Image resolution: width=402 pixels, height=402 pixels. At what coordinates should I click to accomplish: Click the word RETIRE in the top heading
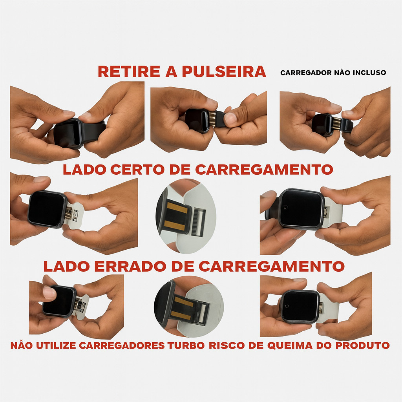pyautogui.click(x=129, y=71)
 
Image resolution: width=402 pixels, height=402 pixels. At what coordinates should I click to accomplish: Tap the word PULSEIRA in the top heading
pyautogui.click(x=224, y=71)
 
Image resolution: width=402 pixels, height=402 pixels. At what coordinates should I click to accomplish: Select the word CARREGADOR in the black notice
pyautogui.click(x=306, y=73)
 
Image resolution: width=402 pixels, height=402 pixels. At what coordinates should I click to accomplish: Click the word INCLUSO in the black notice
pyautogui.click(x=369, y=73)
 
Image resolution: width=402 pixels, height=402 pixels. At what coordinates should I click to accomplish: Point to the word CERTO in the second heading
pyautogui.click(x=137, y=170)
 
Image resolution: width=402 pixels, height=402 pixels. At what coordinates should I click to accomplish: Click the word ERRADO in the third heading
pyautogui.click(x=130, y=267)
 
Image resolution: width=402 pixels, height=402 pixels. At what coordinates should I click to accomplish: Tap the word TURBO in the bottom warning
pyautogui.click(x=186, y=345)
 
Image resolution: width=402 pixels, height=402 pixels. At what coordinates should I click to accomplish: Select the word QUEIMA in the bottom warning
pyautogui.click(x=290, y=345)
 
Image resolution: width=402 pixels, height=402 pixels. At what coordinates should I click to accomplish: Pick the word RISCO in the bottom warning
pyautogui.click(x=227, y=345)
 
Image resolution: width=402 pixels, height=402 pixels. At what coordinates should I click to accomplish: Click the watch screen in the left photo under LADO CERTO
pyautogui.click(x=46, y=209)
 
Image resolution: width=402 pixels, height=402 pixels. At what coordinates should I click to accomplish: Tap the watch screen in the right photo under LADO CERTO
pyautogui.click(x=301, y=208)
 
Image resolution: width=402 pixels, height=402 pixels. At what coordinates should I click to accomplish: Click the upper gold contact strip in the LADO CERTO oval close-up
pyautogui.click(x=177, y=208)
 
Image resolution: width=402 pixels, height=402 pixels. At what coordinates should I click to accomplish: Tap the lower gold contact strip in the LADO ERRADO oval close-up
pyautogui.click(x=181, y=315)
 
